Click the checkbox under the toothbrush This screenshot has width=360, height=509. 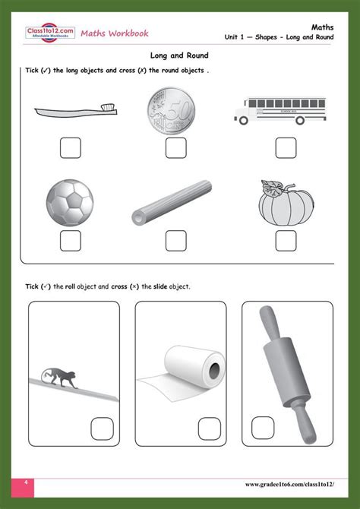click(x=70, y=148)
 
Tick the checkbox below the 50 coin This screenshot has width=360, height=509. click(x=176, y=148)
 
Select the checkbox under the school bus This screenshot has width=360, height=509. click(x=286, y=148)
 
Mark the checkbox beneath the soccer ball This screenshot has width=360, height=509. click(x=70, y=241)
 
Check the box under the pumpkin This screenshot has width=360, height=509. click(x=286, y=241)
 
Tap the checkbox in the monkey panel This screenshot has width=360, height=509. click(x=103, y=428)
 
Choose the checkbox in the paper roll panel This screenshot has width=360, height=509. click(x=210, y=428)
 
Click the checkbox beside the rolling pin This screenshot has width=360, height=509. click(x=263, y=428)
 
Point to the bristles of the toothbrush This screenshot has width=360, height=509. click(x=108, y=107)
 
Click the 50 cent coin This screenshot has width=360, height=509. click(x=171, y=110)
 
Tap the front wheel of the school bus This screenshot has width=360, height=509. click(x=243, y=121)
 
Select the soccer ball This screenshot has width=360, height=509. click(x=70, y=203)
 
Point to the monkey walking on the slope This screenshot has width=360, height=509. click(x=59, y=378)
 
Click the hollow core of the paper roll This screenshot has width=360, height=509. click(x=214, y=371)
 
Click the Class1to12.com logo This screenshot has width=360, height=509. click(x=50, y=33)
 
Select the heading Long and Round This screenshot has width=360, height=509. click(x=179, y=55)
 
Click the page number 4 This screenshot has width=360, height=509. click(x=27, y=482)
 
